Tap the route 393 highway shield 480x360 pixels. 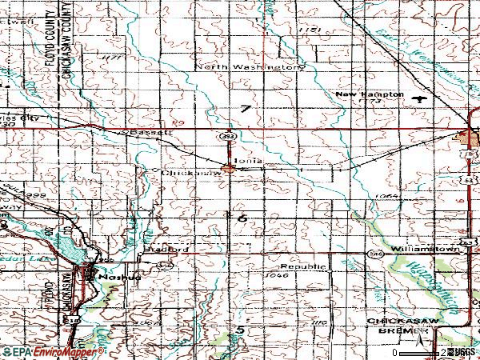(x=229, y=137)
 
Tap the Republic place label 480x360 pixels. (x=302, y=266)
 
